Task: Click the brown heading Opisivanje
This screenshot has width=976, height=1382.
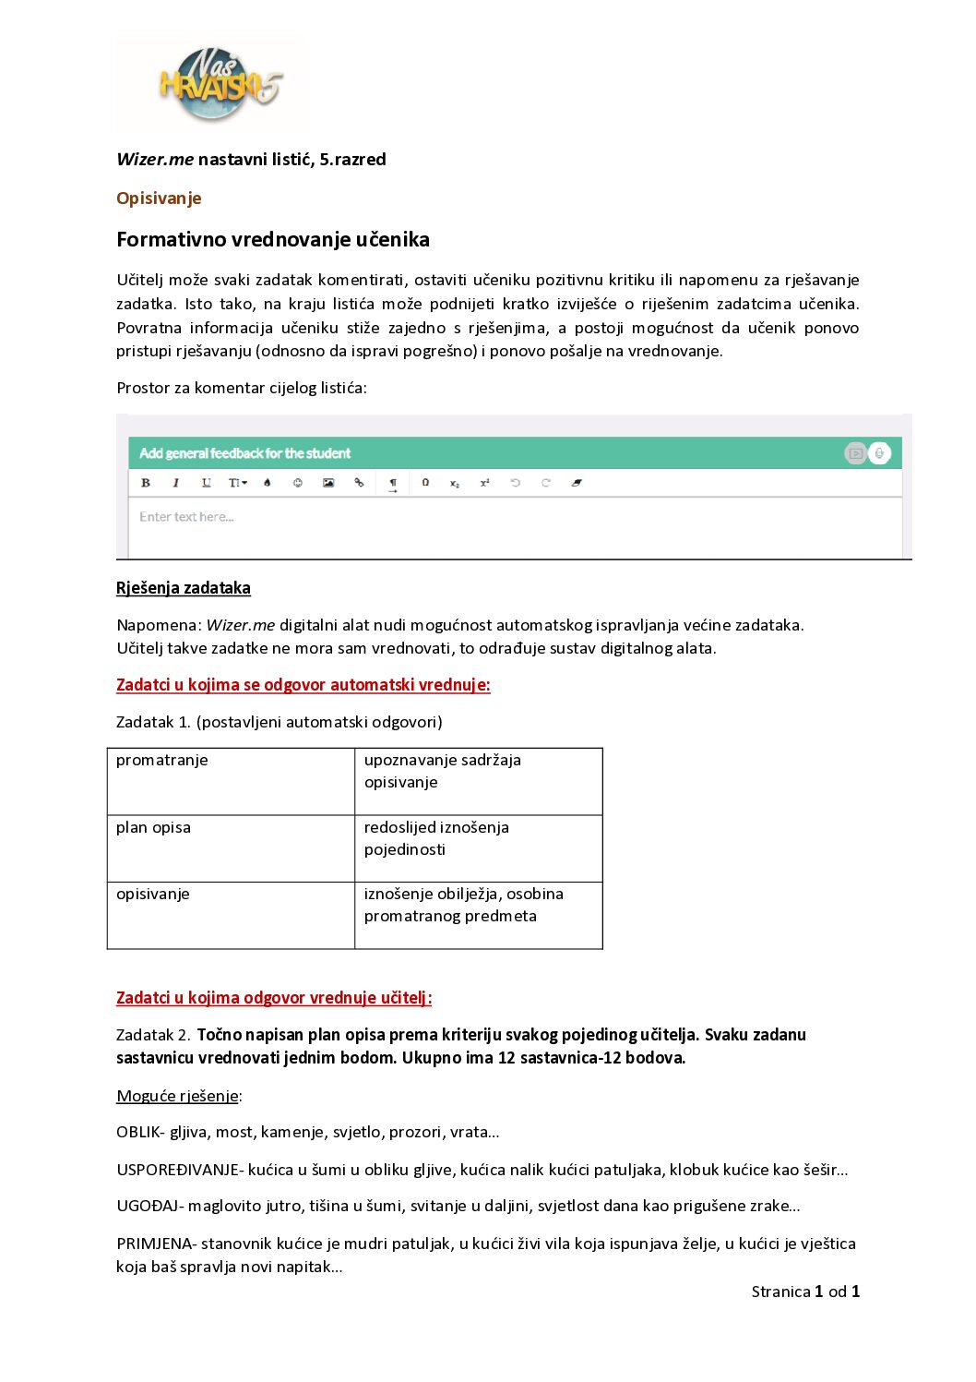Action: click(x=159, y=198)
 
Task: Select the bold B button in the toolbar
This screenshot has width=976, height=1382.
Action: click(x=146, y=483)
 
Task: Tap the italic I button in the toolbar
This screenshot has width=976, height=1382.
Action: click(x=175, y=483)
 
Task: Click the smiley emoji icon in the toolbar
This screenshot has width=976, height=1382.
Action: click(x=298, y=483)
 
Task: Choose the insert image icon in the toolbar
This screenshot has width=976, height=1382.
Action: click(x=328, y=483)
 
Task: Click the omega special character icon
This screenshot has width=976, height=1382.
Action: click(x=425, y=483)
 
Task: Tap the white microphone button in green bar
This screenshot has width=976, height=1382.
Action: click(x=880, y=453)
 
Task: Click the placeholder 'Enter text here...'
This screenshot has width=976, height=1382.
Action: click(x=186, y=517)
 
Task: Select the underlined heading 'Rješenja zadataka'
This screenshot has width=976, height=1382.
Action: click(x=184, y=588)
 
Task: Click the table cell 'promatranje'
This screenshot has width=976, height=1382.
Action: click(x=162, y=761)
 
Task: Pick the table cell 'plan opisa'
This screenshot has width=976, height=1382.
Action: click(x=153, y=828)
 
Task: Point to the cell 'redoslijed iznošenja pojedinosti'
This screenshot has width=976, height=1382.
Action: click(x=436, y=838)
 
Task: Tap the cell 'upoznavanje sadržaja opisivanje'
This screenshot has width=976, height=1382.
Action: click(x=442, y=771)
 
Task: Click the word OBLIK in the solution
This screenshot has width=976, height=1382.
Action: click(x=138, y=1133)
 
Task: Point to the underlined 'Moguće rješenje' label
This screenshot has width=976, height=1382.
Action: click(x=178, y=1097)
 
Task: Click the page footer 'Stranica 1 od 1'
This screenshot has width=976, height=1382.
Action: click(x=805, y=1292)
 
